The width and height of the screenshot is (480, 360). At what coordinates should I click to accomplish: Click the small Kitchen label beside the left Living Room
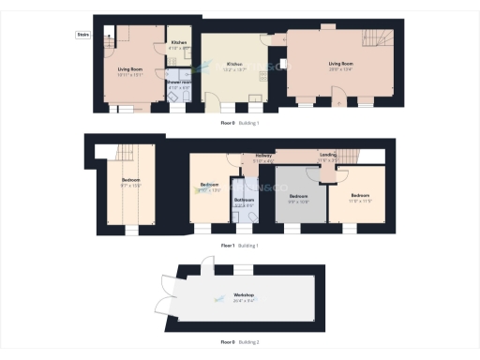tap(178, 43)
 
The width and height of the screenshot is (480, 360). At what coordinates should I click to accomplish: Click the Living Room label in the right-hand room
tap(341, 65)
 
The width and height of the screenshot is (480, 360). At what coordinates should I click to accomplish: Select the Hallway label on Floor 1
tap(263, 157)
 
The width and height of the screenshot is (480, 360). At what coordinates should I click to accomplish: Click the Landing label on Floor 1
tap(328, 156)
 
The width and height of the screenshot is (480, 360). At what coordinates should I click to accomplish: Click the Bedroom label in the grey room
tap(298, 198)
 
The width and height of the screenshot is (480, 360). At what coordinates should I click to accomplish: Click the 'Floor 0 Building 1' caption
tap(239, 123)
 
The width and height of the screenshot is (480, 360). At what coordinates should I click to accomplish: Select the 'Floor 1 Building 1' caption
tap(239, 246)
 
